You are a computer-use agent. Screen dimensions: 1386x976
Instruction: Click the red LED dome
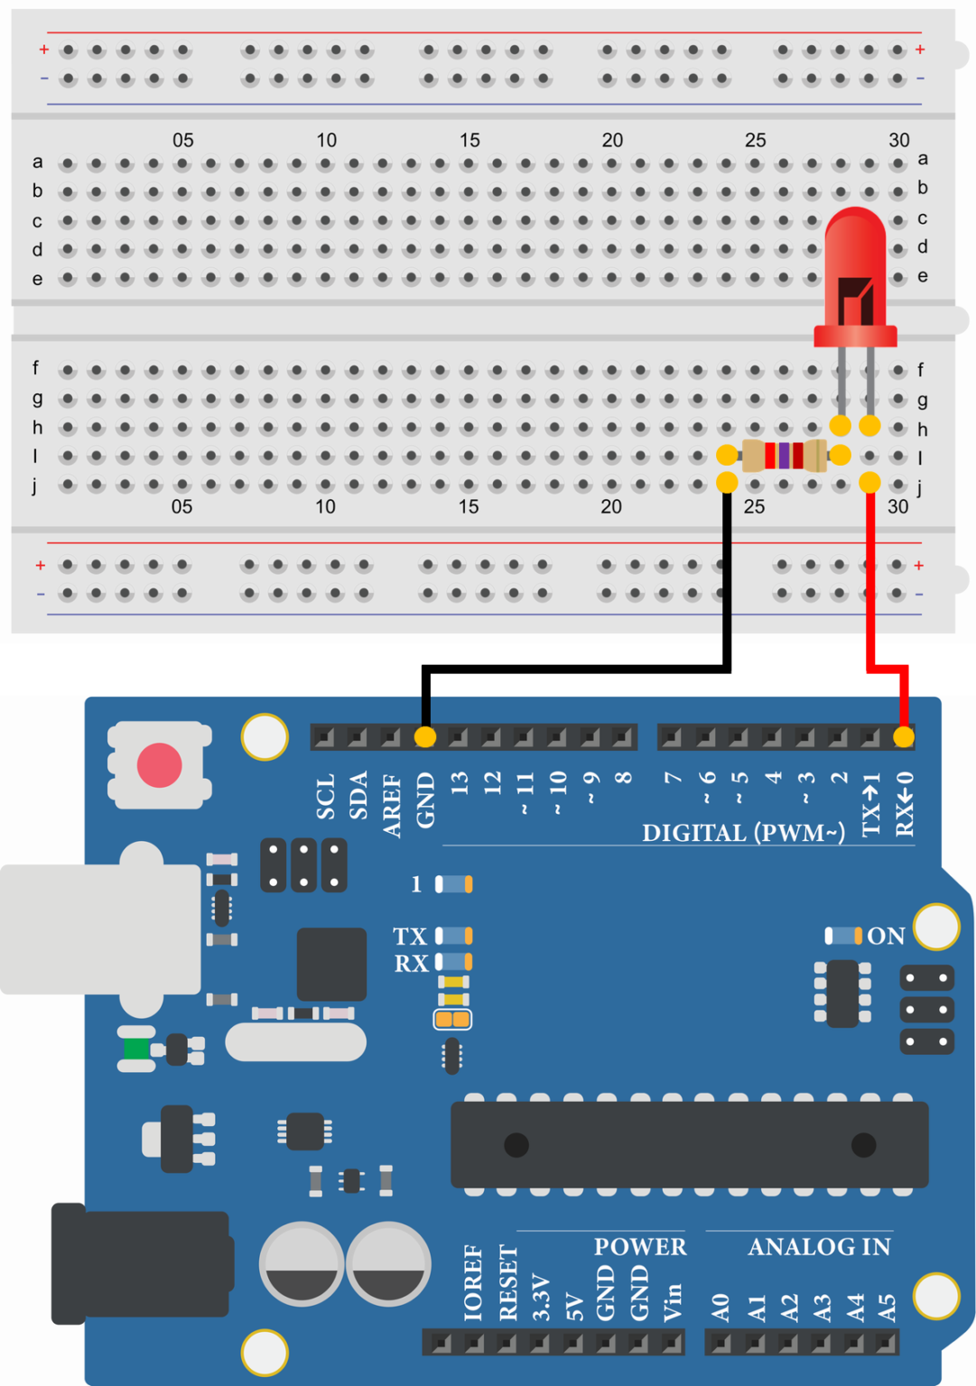(855, 262)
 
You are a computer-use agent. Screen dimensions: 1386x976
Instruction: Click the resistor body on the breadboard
(784, 456)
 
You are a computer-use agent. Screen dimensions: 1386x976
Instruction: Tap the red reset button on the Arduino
(159, 765)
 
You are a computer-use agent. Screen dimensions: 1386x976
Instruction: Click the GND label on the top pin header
(425, 800)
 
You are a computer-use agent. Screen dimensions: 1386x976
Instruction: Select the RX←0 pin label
(904, 804)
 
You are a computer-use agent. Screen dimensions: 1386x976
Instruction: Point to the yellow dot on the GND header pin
(425, 737)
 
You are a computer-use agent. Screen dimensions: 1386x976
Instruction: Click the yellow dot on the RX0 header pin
(903, 737)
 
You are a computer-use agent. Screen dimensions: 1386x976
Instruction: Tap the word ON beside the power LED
(886, 937)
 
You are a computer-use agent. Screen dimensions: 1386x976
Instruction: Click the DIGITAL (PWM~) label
(743, 833)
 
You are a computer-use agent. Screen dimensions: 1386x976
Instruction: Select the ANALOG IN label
(819, 1247)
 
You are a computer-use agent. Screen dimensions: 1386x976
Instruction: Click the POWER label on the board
(639, 1247)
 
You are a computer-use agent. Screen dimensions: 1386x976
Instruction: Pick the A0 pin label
(720, 1306)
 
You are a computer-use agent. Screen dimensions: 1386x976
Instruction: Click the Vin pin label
(673, 1303)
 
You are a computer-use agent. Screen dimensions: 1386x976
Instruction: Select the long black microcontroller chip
(689, 1144)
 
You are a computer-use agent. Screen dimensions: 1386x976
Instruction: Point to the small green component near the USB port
(136, 1049)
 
